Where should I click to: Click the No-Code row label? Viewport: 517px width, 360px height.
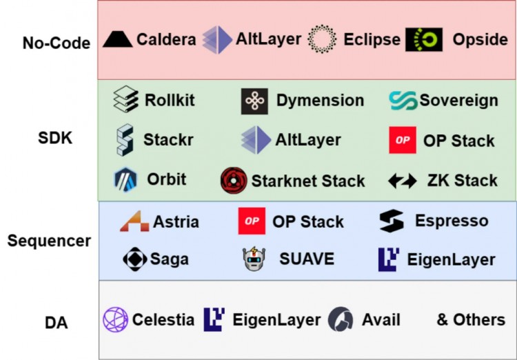click(x=55, y=43)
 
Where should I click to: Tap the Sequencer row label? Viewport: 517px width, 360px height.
click(x=49, y=241)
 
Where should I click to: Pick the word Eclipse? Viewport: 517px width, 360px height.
click(x=372, y=39)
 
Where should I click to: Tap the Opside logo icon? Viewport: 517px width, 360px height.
click(x=424, y=40)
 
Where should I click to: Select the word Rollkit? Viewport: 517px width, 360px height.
click(x=170, y=100)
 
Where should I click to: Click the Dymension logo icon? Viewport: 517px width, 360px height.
click(x=254, y=101)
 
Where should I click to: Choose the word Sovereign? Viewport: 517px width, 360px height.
click(x=458, y=101)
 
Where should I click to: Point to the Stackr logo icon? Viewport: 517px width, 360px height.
click(x=125, y=139)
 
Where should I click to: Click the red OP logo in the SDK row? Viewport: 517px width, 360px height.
click(x=403, y=140)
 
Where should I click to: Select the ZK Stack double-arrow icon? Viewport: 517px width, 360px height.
click(x=403, y=181)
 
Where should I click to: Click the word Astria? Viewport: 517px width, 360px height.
click(x=176, y=221)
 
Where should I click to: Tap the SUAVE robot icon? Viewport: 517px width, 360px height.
click(x=254, y=259)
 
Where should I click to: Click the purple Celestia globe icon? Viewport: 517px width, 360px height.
click(x=115, y=320)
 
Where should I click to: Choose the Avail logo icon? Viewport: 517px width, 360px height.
click(x=341, y=320)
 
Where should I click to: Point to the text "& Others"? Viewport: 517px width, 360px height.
click(x=471, y=320)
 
